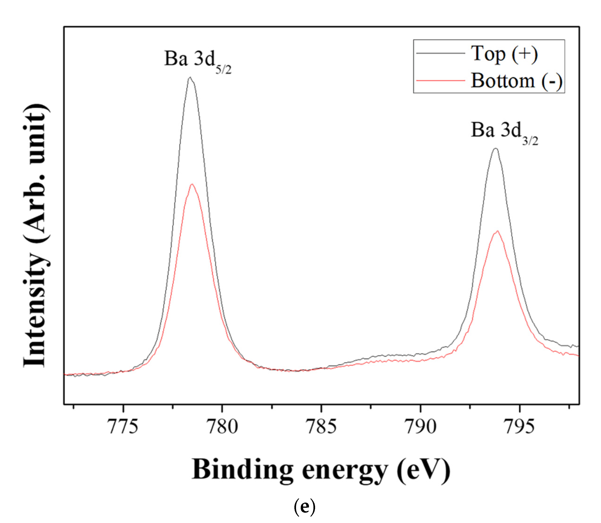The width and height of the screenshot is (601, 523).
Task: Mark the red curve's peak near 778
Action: [192, 184]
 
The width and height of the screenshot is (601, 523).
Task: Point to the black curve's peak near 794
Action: [495, 149]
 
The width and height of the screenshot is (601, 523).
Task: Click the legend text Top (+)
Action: [504, 54]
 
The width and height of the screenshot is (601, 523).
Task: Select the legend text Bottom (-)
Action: [516, 81]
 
